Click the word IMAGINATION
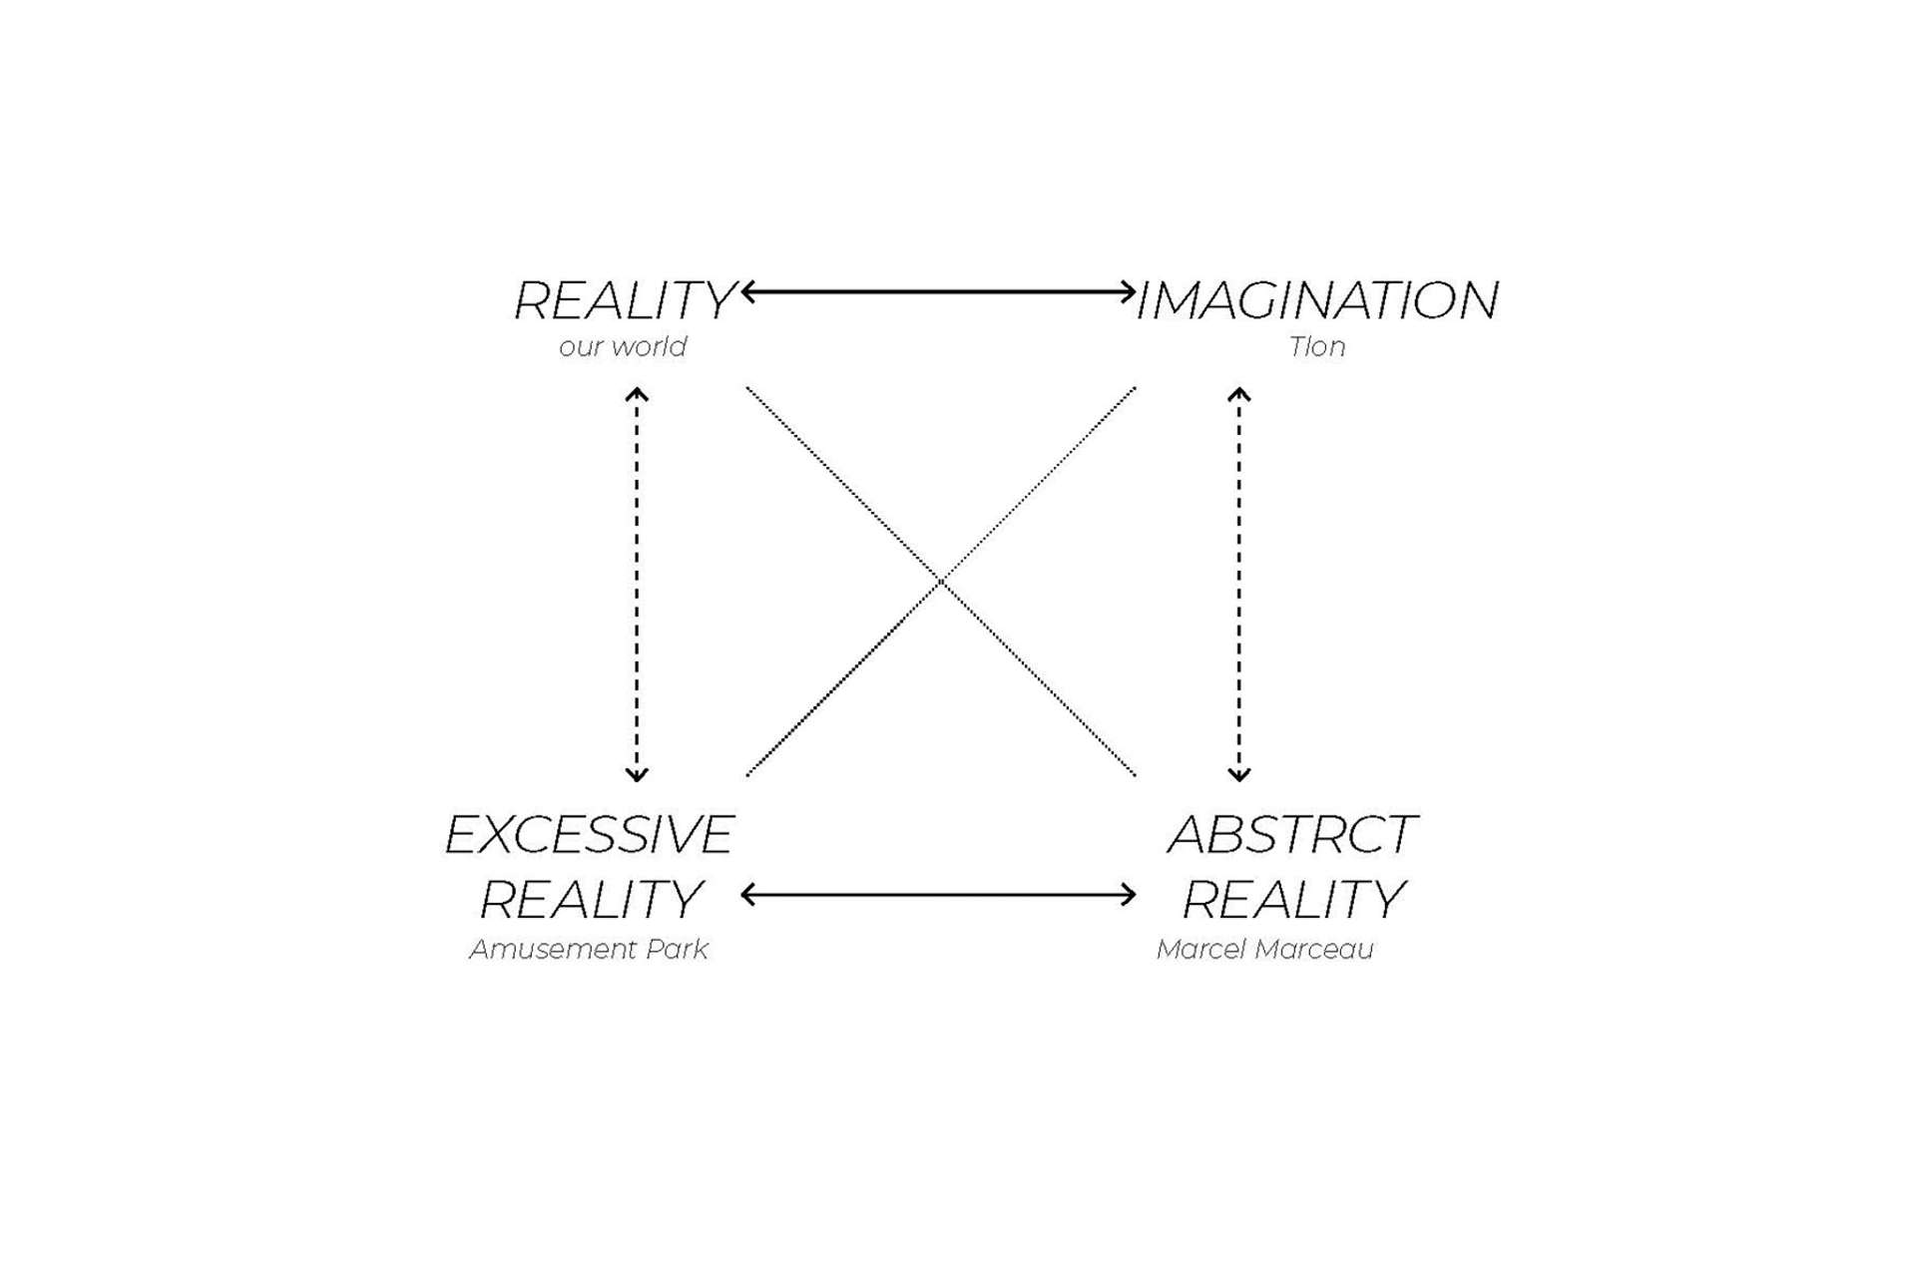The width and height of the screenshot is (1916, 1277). [x=1317, y=300]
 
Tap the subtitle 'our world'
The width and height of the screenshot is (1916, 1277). [x=623, y=347]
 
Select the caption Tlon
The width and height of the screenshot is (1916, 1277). [x=1316, y=347]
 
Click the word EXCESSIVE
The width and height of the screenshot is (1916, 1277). [x=589, y=835]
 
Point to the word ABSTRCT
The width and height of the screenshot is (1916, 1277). [x=1291, y=835]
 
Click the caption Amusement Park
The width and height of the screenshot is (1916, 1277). [x=589, y=949]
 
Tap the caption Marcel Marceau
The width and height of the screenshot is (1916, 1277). [x=1264, y=949]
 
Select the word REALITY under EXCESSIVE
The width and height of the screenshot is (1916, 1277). [x=591, y=900]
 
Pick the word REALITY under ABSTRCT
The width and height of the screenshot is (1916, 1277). [x=1293, y=900]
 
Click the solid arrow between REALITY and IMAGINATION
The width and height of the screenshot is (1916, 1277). [x=938, y=292]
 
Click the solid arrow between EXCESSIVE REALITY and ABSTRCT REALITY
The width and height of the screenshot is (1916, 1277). [x=938, y=895]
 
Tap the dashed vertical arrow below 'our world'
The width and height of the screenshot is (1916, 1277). [x=637, y=585]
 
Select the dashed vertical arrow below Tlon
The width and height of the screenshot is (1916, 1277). [x=1239, y=585]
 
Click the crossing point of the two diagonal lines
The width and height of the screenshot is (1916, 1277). [x=940, y=581]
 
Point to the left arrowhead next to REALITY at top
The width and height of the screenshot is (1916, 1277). [x=747, y=292]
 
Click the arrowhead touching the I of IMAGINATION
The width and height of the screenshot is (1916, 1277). [x=1129, y=292]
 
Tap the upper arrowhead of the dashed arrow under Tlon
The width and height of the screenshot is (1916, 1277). [x=1239, y=395]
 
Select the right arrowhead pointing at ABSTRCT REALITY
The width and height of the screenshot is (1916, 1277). [x=1129, y=895]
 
